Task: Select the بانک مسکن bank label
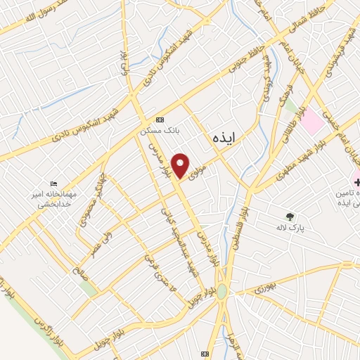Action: (x=156, y=130)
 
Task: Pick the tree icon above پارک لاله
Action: (x=290, y=216)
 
